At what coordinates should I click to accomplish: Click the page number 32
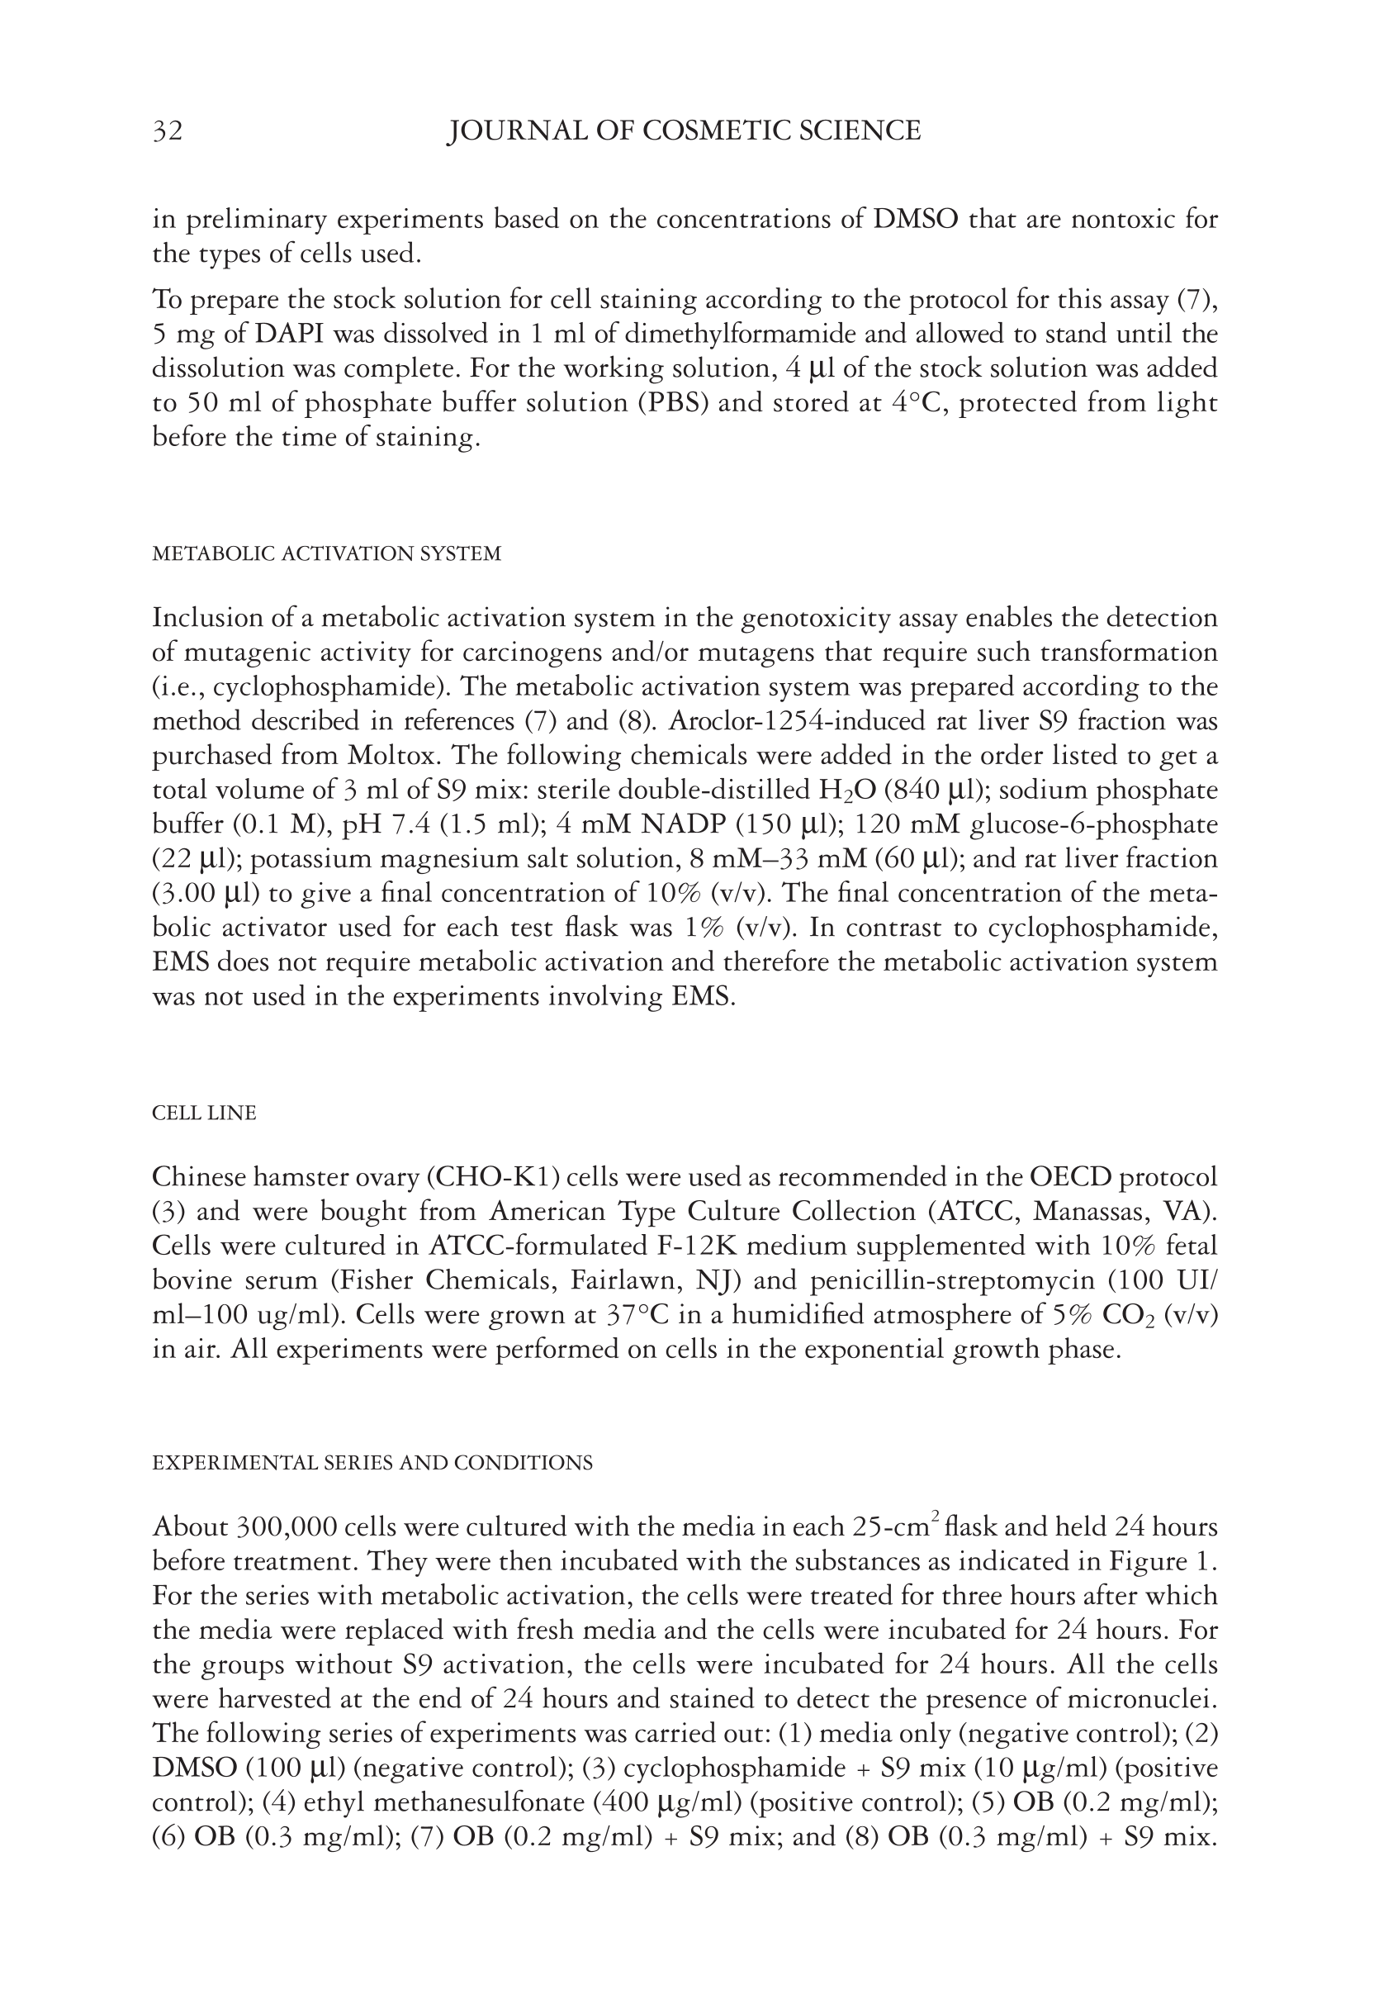(x=168, y=131)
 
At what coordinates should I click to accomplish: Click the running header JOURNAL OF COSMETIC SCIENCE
(x=684, y=131)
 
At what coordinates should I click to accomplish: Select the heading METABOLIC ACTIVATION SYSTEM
(x=326, y=553)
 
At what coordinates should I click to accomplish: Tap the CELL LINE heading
(x=204, y=1113)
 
